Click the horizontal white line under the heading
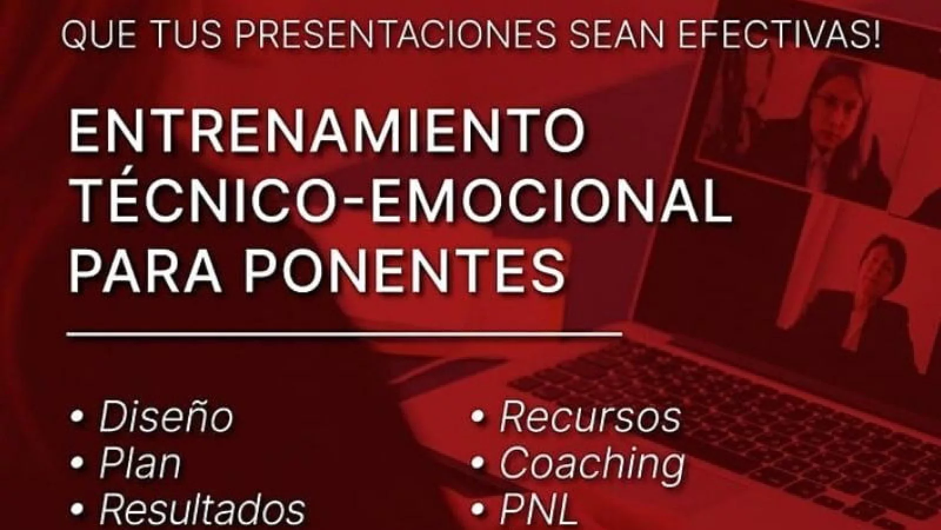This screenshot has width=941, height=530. pos(344,335)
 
